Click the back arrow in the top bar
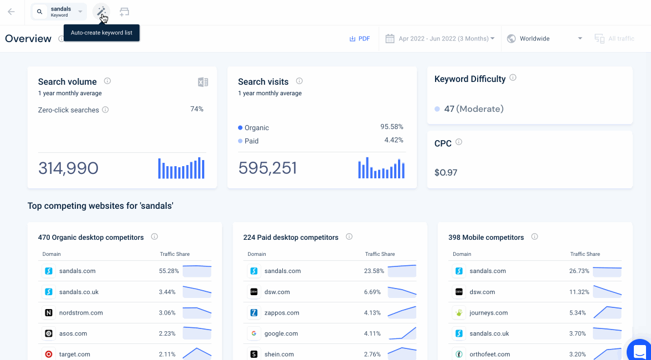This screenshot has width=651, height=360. (x=11, y=12)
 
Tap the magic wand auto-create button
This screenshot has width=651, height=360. (x=101, y=12)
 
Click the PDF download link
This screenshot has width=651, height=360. (x=360, y=39)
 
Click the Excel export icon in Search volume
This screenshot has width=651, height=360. (x=203, y=82)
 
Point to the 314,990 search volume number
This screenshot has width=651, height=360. (x=69, y=168)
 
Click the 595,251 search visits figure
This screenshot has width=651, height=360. (x=268, y=168)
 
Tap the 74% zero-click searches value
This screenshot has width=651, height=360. (x=197, y=109)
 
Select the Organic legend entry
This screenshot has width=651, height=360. (x=254, y=128)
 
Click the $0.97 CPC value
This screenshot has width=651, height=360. (x=446, y=172)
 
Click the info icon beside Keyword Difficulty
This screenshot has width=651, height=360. (x=513, y=78)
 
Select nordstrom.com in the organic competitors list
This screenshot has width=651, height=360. (x=81, y=313)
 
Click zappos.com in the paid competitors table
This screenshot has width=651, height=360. (x=282, y=313)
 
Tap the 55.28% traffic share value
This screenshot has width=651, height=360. (x=169, y=271)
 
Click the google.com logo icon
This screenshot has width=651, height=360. (x=254, y=333)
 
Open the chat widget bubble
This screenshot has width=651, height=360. (x=639, y=349)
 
